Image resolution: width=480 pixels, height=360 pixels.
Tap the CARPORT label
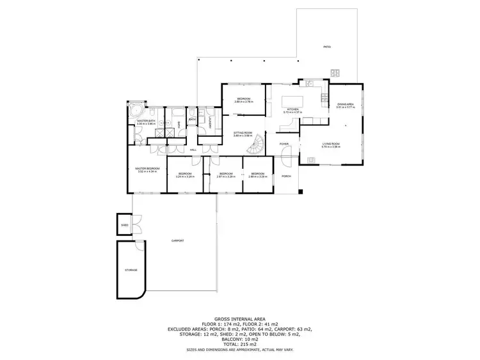point(177,240)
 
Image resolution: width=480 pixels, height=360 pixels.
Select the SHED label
point(124,224)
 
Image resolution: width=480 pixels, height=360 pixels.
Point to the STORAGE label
point(131,270)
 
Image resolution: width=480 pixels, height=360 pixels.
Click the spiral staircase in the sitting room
point(256,147)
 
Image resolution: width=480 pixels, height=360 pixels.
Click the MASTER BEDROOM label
point(147,168)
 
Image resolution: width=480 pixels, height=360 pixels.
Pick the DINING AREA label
point(346,104)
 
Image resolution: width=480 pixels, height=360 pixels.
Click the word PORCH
point(286,176)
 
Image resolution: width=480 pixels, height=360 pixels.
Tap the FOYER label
point(284,144)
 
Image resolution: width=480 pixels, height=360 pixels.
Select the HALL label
point(193,150)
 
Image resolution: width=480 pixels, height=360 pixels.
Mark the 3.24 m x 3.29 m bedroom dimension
point(185,176)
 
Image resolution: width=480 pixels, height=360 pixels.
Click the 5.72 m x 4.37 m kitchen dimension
point(292,113)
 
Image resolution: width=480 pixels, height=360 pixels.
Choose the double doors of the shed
point(136,224)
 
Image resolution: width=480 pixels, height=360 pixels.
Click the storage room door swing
point(139,248)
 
